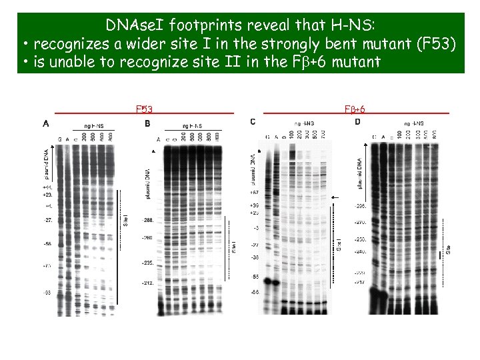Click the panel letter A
(x=45, y=123)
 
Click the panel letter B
(x=147, y=123)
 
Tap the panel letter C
(x=253, y=121)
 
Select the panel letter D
(x=358, y=121)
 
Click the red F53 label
(x=145, y=109)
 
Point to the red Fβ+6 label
(x=354, y=109)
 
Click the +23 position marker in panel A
(x=47, y=195)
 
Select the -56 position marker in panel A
(x=47, y=244)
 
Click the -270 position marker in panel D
(x=361, y=222)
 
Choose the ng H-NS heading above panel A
(x=93, y=125)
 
